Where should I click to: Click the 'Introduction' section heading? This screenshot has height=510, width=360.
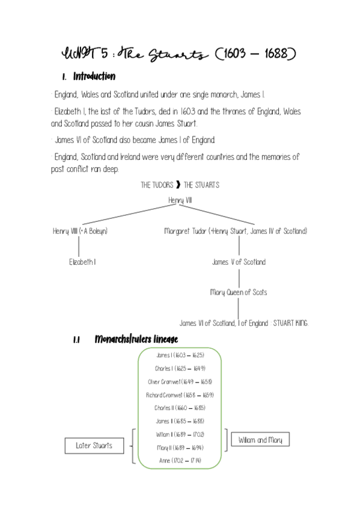94,77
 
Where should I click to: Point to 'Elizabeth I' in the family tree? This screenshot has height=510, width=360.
82,262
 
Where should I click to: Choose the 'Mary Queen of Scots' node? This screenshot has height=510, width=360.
239,292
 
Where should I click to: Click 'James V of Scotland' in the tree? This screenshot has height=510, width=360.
239,262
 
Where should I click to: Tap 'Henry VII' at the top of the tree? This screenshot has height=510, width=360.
180,200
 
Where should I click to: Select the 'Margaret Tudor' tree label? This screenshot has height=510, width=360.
185,231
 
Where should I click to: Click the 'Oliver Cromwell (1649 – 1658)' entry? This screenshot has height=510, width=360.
180,382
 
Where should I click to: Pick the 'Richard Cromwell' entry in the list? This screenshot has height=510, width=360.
180,395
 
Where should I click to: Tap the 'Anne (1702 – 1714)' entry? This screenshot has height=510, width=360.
180,461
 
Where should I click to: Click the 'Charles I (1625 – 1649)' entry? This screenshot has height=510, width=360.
180,369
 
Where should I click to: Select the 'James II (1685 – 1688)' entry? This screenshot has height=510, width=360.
180,421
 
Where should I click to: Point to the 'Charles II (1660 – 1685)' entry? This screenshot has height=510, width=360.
180,408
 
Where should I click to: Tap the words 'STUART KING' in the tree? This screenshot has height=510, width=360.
290,324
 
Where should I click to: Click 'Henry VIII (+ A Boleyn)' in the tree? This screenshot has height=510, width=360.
80,231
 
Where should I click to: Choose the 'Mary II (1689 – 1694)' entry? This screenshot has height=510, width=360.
180,447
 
